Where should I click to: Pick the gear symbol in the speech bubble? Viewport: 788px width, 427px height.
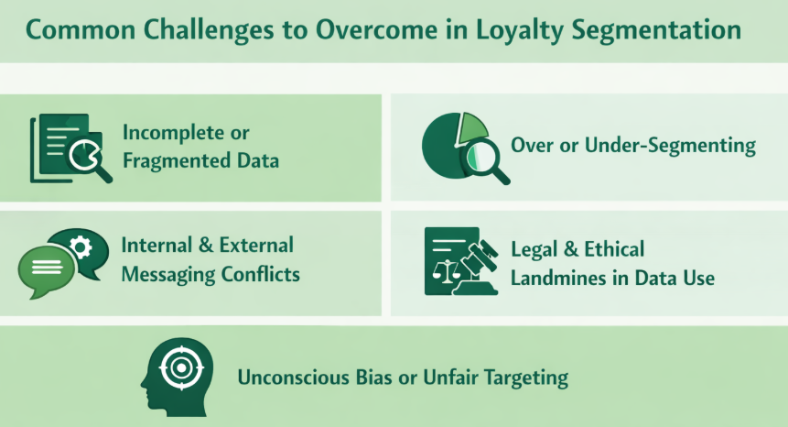coord(81,246)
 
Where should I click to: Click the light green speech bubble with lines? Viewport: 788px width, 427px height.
coord(46,268)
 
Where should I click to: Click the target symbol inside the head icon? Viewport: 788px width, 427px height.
coord(179,368)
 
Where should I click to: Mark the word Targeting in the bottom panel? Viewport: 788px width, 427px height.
coord(525,378)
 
